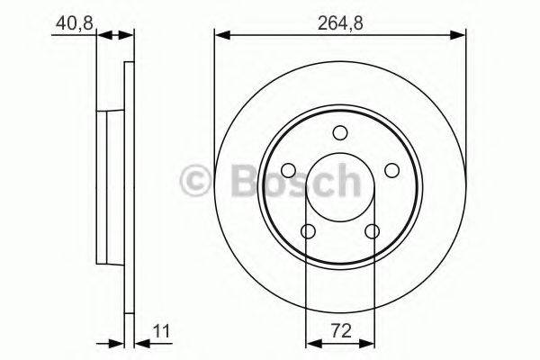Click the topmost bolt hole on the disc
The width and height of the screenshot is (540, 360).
339,133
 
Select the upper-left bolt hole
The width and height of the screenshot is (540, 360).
288,171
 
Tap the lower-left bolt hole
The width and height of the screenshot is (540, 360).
308,232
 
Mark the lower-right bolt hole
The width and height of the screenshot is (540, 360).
372,232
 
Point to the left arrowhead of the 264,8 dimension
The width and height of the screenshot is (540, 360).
220,36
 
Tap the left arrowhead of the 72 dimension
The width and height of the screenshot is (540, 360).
312,342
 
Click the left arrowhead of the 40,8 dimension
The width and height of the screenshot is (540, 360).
103,36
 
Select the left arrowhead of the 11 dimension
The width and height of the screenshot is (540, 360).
117,342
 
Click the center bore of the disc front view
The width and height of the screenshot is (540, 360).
339,187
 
